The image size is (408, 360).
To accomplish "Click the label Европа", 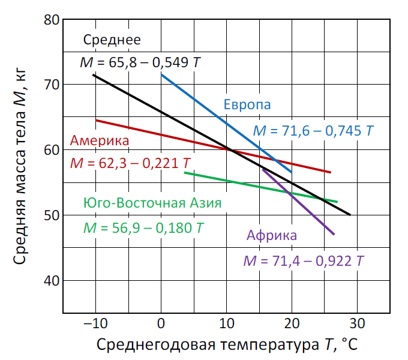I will click(247, 104).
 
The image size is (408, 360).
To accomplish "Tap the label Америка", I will click(100, 141).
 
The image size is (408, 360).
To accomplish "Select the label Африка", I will click(271, 235).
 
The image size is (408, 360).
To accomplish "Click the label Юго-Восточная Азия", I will click(152, 202).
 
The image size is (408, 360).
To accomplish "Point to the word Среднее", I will click(112, 40).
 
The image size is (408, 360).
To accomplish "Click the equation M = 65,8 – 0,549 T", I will click(140, 62).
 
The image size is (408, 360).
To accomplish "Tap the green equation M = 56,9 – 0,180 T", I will click(143, 228).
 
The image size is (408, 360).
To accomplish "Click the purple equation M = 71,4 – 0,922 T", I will click(303, 262).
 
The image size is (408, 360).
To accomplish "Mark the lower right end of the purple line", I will click(334, 234).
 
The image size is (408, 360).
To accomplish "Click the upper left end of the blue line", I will click(161, 74).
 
